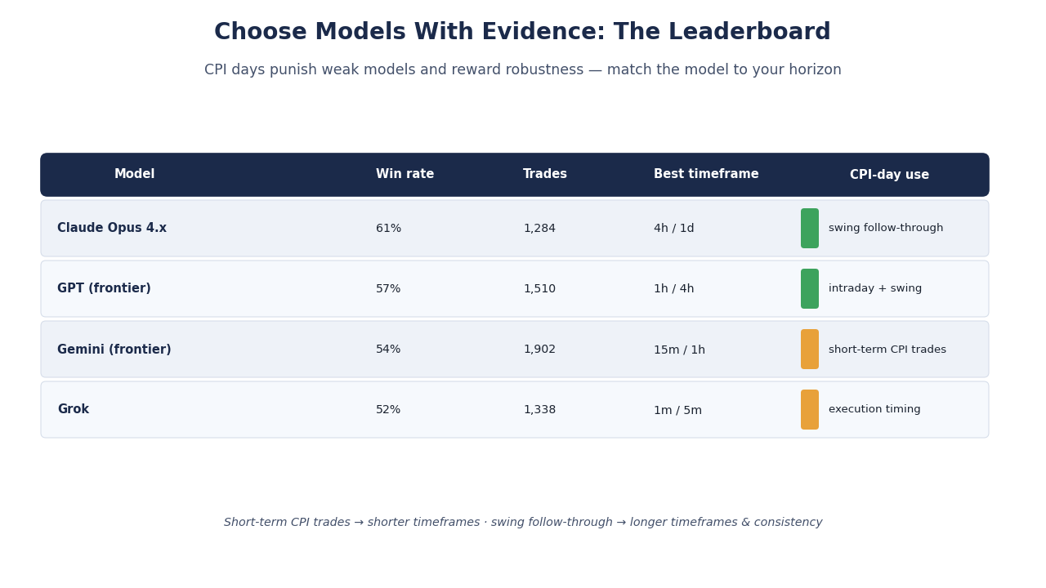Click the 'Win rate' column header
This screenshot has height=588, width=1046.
pos(405,174)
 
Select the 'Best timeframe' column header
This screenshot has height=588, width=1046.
pos(706,174)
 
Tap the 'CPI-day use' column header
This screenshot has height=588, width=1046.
pos(889,175)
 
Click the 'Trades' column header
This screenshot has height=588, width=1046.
pos(545,174)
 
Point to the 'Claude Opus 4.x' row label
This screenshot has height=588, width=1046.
pos(112,228)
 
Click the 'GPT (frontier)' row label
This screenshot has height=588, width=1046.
pos(104,288)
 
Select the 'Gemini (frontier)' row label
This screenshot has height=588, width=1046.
pos(114,349)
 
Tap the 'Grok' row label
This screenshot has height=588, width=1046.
pos(74,409)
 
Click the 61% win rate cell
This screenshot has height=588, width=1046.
pos(388,228)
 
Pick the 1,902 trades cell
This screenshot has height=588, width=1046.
pos(539,350)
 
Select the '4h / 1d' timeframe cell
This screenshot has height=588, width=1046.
pos(674,228)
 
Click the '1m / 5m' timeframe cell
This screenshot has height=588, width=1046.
pos(677,410)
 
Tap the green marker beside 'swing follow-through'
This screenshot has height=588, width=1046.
pos(810,228)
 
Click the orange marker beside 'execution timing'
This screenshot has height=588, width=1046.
pos(810,410)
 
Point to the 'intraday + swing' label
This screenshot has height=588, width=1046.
pos(875,288)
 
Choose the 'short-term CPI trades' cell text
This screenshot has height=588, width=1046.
pos(887,350)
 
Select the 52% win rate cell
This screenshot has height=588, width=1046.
pos(388,410)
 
